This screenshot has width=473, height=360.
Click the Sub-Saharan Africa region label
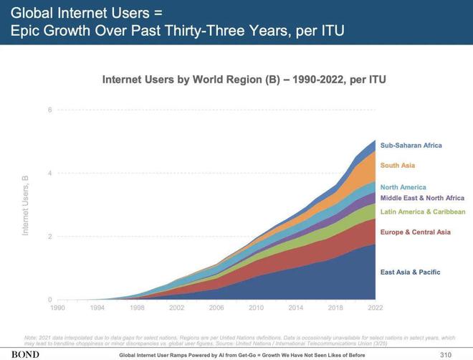click(x=411, y=146)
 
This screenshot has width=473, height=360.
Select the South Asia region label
click(x=397, y=166)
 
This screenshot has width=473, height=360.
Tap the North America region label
click(x=403, y=187)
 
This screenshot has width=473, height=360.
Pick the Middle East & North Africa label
click(x=422, y=198)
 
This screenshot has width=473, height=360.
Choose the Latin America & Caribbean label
click(x=423, y=212)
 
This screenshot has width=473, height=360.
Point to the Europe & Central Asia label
click(x=415, y=232)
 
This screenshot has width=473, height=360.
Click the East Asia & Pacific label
click(x=410, y=273)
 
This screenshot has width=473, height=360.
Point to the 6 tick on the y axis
click(x=49, y=110)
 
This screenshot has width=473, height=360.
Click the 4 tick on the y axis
click(x=49, y=174)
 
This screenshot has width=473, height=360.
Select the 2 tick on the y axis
click(x=49, y=237)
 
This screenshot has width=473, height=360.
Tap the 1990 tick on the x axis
click(x=57, y=308)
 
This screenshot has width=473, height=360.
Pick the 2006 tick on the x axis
click(x=216, y=308)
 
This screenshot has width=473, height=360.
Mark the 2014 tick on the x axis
click(x=296, y=308)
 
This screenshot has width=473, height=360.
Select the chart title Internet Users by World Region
click(x=244, y=80)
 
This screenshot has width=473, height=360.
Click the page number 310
click(x=446, y=355)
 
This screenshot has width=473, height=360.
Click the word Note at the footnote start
click(x=32, y=338)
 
